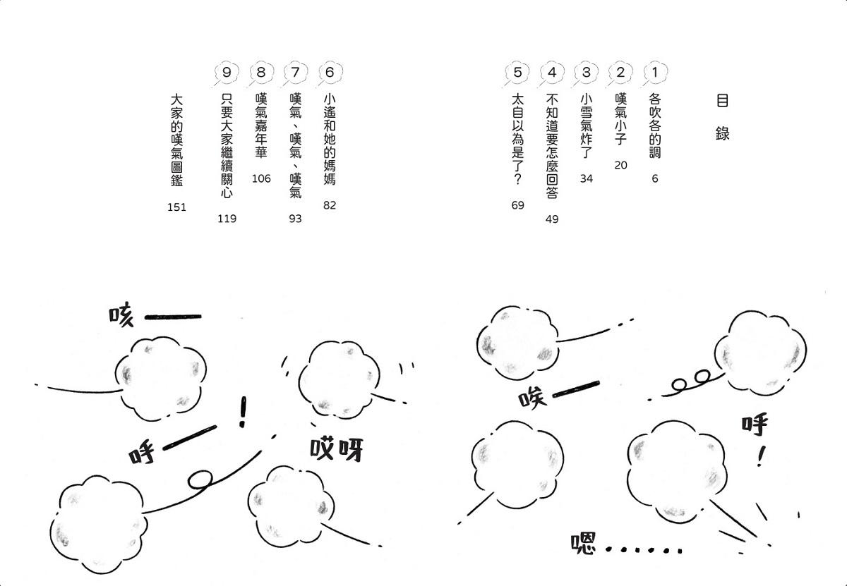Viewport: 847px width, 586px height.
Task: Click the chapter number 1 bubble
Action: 655,73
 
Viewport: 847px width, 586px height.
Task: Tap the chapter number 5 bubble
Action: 517,73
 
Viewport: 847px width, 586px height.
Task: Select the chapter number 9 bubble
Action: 226,73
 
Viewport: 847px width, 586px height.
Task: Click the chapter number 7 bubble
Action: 295,73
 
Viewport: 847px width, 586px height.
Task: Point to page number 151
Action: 176,207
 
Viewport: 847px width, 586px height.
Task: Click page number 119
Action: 227,219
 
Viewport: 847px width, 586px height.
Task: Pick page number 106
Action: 261,178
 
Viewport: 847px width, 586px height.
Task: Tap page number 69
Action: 517,205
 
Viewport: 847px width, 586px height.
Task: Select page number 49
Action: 552,219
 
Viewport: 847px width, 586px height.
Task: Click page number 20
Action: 620,165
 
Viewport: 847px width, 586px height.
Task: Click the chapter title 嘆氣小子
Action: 621,119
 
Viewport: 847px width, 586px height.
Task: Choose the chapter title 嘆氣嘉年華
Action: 261,126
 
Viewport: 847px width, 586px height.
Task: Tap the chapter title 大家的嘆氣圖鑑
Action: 176,140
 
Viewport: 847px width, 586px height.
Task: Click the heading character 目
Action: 722,101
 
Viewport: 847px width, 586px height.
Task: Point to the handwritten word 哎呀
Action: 336,449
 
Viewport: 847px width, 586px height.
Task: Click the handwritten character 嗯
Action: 583,543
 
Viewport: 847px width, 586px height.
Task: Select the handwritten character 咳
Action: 121,315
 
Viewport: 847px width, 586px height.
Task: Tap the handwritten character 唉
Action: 532,398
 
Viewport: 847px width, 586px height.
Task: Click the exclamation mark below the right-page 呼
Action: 761,456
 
